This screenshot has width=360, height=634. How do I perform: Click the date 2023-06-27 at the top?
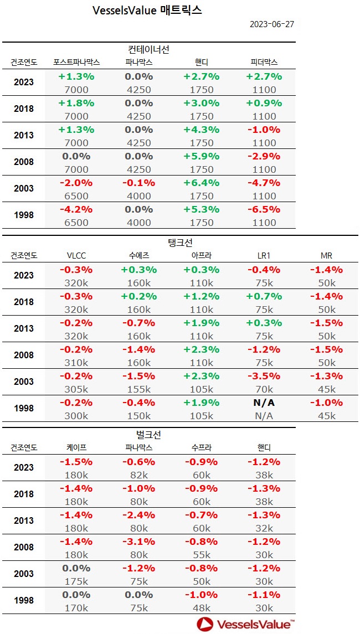click(271, 25)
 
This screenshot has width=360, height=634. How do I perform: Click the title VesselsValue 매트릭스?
click(147, 10)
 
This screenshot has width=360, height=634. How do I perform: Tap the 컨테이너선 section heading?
click(148, 49)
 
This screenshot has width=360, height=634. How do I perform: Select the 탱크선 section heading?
click(179, 243)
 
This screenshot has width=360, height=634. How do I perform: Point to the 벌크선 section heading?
click(148, 435)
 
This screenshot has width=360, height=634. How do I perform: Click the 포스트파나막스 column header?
click(76, 63)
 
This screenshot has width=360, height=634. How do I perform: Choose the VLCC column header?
click(76, 256)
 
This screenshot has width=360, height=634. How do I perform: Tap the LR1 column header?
click(264, 256)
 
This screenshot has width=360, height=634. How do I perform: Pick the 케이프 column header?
click(76, 448)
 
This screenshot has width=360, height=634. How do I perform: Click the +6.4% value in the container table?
click(202, 183)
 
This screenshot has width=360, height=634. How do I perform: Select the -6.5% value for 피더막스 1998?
click(264, 209)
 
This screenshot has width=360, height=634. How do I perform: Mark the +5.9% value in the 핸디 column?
click(202, 156)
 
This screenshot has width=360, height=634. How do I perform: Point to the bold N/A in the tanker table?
click(264, 403)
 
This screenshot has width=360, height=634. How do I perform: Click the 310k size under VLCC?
click(76, 363)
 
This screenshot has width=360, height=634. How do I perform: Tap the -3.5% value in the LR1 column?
click(264, 376)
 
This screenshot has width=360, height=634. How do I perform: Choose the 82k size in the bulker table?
click(139, 475)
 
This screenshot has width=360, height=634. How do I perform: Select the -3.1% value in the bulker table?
click(139, 542)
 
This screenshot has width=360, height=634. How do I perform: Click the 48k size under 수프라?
click(202, 608)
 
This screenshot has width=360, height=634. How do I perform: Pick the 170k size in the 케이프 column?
click(76, 608)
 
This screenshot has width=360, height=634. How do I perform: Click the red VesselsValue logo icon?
click(205, 624)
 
